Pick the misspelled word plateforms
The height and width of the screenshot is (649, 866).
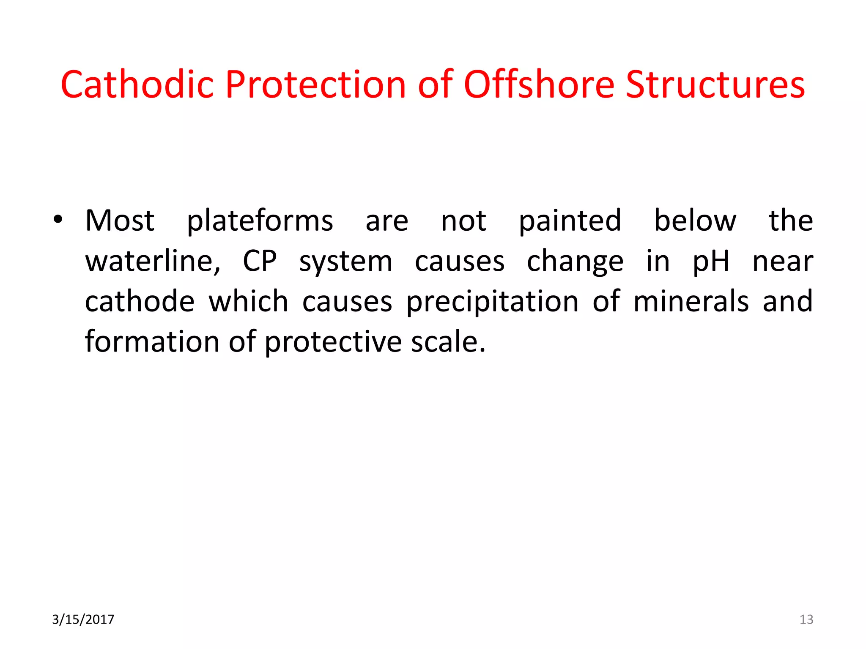(x=260, y=221)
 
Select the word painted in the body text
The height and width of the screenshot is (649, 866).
(x=570, y=221)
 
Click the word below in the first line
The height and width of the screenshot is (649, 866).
(x=695, y=221)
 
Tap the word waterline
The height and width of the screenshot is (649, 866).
(x=153, y=261)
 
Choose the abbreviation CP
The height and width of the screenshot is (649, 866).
(x=260, y=261)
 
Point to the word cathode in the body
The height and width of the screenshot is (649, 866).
(x=140, y=301)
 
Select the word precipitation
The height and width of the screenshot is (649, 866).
(x=492, y=302)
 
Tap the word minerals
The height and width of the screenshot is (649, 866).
(x=691, y=301)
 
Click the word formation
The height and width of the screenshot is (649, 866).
(x=152, y=341)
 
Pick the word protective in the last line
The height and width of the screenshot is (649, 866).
(x=333, y=342)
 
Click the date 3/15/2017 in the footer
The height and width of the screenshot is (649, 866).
(x=83, y=619)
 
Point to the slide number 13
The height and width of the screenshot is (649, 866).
(x=806, y=619)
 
